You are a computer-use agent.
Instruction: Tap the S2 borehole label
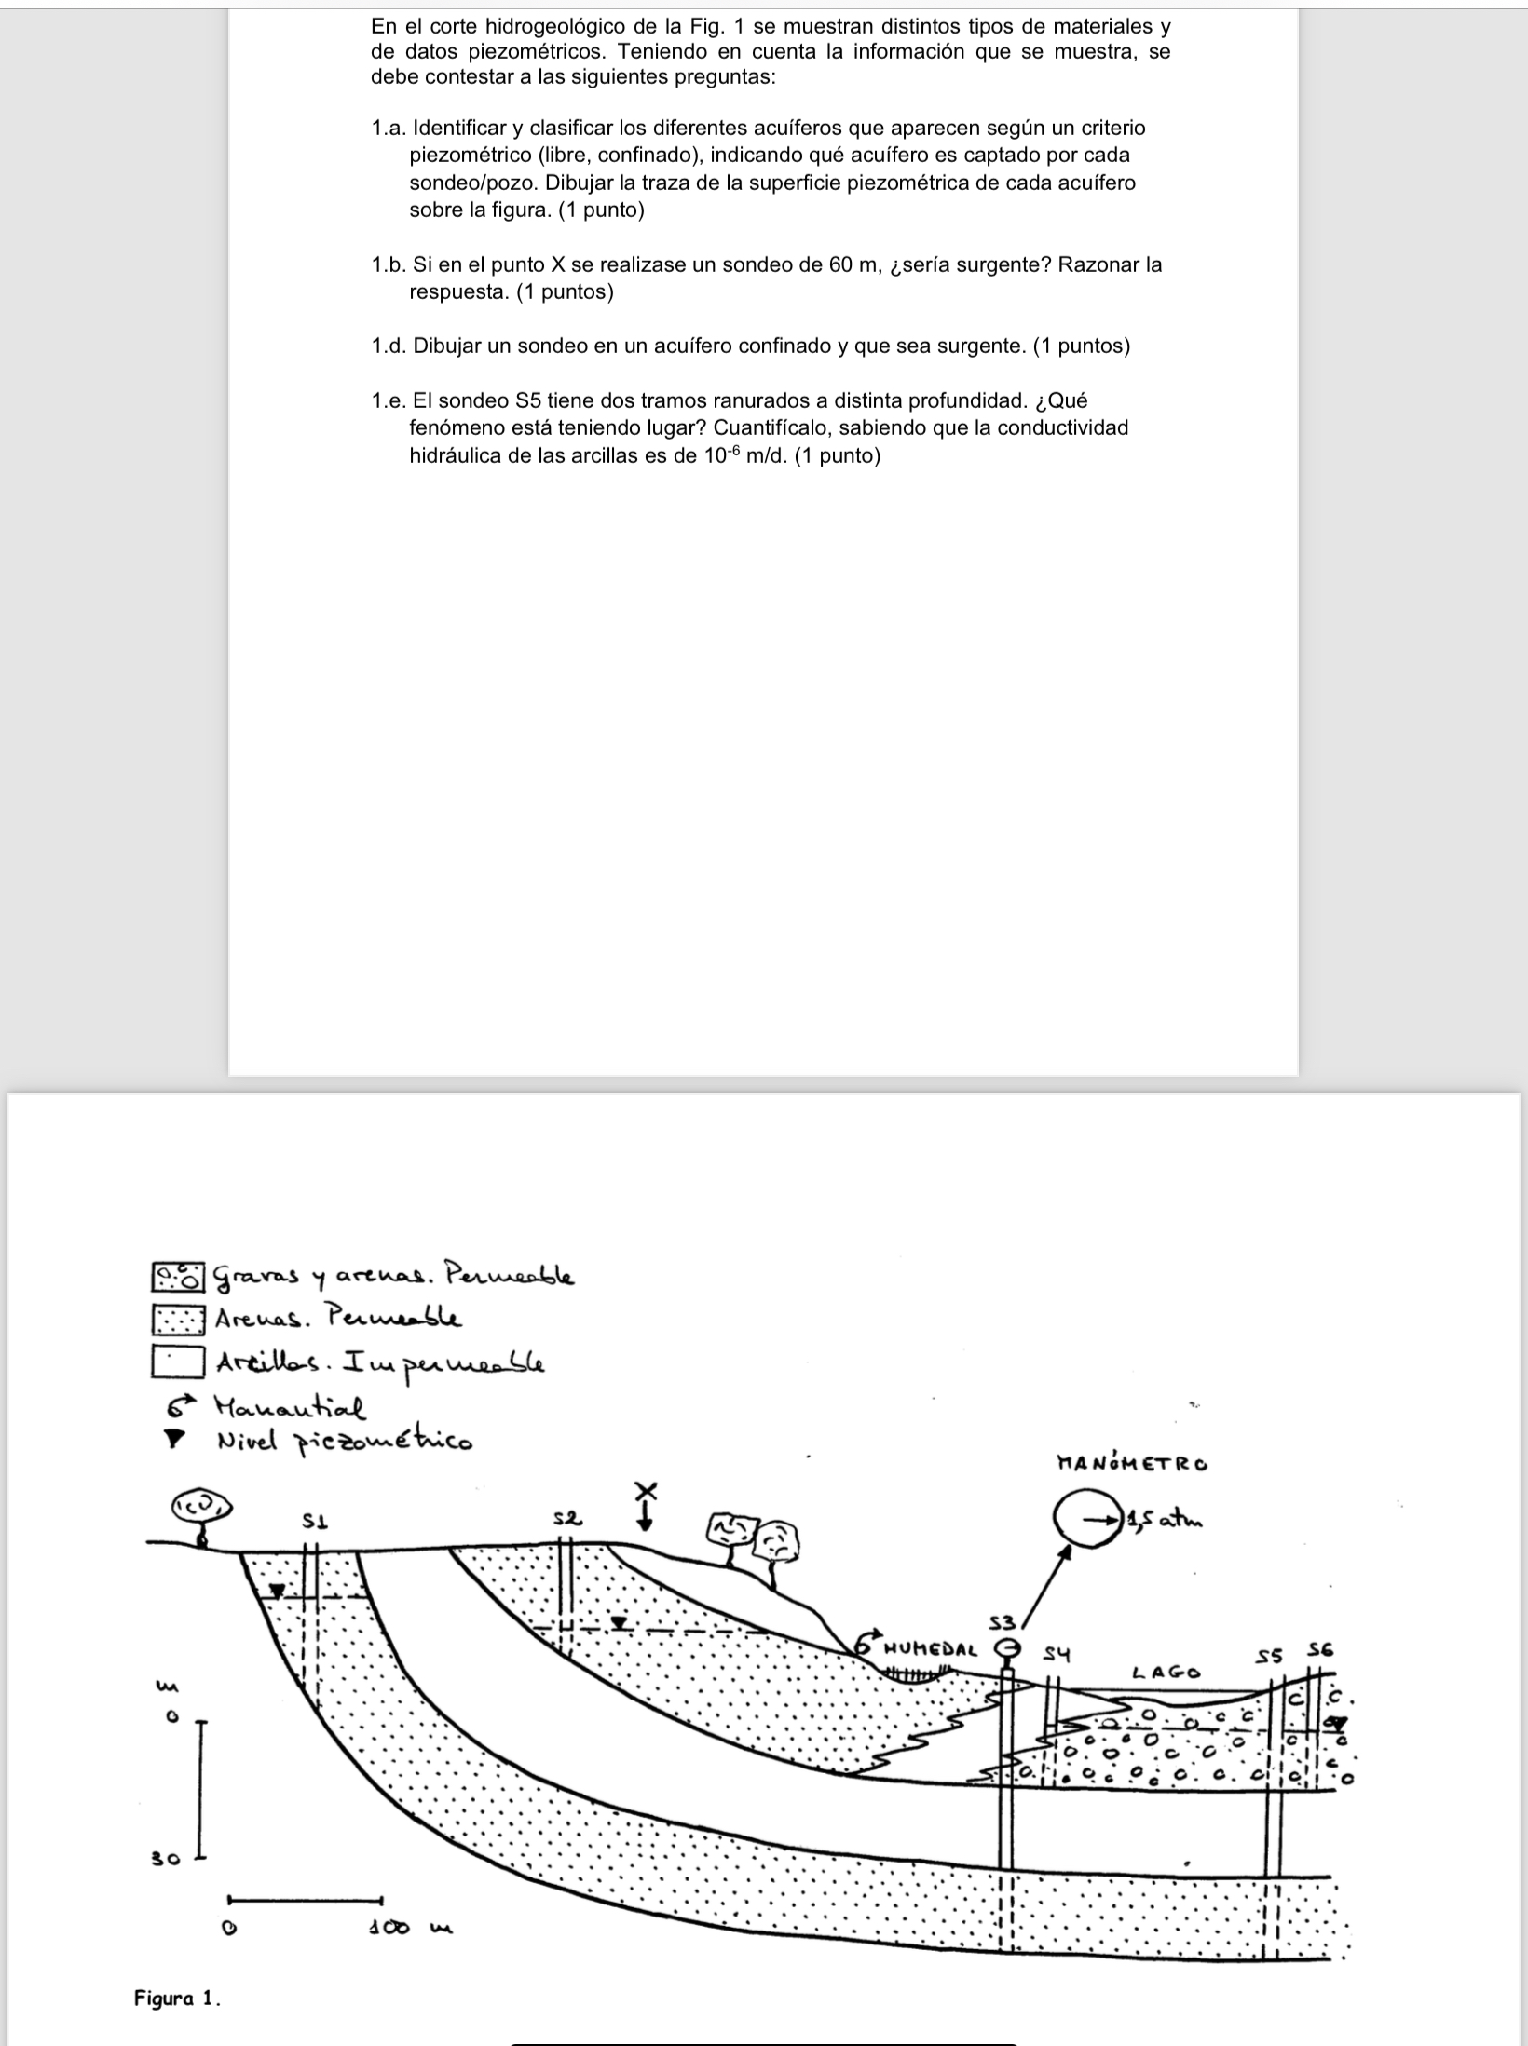point(568,1518)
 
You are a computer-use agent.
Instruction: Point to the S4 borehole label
point(1056,1654)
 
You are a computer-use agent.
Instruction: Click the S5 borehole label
point(1271,1656)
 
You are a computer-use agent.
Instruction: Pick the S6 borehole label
point(1321,1649)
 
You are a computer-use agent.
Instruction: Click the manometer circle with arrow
point(1087,1521)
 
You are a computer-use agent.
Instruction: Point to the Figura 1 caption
point(177,1998)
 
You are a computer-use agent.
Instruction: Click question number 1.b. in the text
point(388,265)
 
